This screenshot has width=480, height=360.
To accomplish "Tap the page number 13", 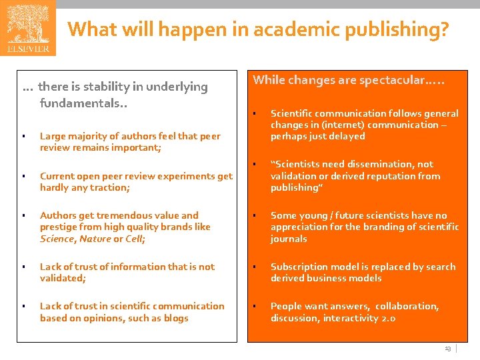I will [447, 349].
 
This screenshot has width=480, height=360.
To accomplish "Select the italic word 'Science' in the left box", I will [56, 239].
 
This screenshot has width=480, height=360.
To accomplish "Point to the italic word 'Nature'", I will [95, 239].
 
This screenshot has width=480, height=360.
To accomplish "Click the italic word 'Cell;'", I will [134, 239].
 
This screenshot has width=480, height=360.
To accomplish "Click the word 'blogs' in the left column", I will [175, 318].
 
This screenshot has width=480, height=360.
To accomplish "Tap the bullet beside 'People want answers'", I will [255, 306].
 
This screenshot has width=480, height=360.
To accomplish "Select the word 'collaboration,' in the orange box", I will [407, 306].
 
